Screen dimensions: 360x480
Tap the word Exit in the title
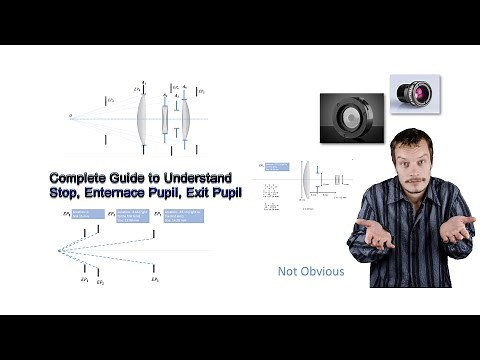(x=200, y=190)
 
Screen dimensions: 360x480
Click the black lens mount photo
(x=352, y=116)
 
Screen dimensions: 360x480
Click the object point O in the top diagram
(x=71, y=118)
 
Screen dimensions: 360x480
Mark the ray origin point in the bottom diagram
(x=59, y=250)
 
